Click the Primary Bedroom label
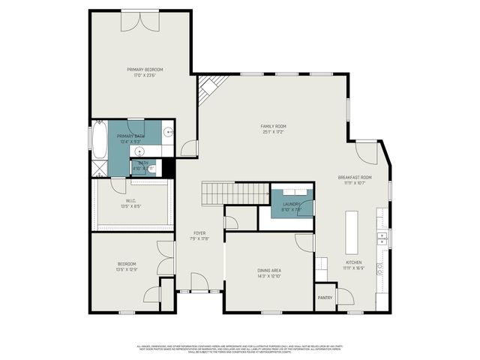pos(144,70)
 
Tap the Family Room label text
pos(273,126)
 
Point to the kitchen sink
pos(382,239)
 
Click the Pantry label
pos(325,298)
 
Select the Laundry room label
pos(291,204)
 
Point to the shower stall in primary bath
pos(100,166)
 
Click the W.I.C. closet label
pos(130,201)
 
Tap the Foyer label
pos(199,233)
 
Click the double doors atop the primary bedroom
pos(140,22)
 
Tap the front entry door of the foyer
pos(199,285)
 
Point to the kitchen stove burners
pos(380,266)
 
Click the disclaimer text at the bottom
pos(240,349)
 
